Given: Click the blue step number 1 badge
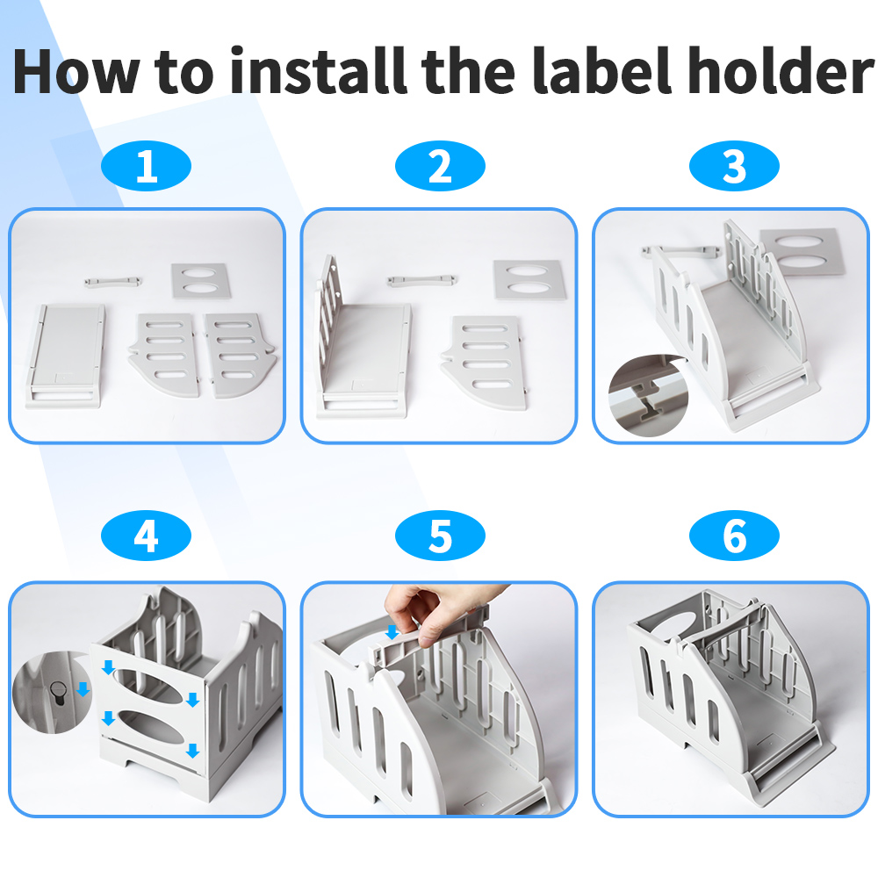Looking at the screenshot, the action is tap(146, 166).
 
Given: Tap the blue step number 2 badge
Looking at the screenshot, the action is tap(440, 166).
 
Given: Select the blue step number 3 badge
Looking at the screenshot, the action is tap(734, 166).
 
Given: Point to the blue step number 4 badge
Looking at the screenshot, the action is tap(146, 536).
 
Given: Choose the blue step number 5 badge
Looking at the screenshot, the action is tap(440, 536).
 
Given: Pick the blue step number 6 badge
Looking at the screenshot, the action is tap(734, 536).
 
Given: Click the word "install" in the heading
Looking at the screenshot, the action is tap(318, 72).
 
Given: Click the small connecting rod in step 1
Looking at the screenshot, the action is tap(113, 282).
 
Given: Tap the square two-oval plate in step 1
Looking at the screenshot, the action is tap(201, 281).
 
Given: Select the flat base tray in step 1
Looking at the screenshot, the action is tap(66, 356).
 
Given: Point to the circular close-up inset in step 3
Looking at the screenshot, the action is tap(649, 395).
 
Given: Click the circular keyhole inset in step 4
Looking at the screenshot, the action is tap(52, 694).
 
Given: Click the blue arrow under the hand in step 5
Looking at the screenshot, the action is tap(392, 632).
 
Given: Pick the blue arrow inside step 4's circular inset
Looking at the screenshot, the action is tap(83, 688).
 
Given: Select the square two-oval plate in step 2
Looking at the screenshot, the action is tap(529, 279).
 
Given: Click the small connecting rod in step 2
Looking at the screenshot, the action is tap(422, 280).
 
